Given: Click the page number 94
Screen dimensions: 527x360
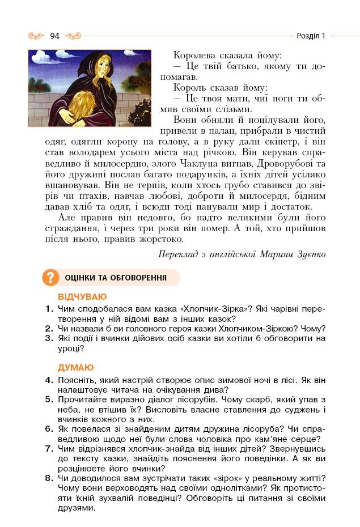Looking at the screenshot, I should click(54, 36).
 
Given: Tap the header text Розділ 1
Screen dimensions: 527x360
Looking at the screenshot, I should click(311, 36).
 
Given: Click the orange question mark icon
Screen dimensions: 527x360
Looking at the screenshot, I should click(50, 278).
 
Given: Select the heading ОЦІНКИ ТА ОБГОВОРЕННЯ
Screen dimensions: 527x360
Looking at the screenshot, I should click(116, 278).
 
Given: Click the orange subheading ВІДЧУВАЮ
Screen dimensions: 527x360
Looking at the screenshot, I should click(82, 296).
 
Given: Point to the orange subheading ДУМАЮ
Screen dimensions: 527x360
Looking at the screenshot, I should click(76, 367).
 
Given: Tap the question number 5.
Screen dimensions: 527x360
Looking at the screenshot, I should click(49, 399).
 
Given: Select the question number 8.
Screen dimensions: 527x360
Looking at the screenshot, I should click(49, 478).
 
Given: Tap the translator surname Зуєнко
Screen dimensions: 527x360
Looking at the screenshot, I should click(308, 254).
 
